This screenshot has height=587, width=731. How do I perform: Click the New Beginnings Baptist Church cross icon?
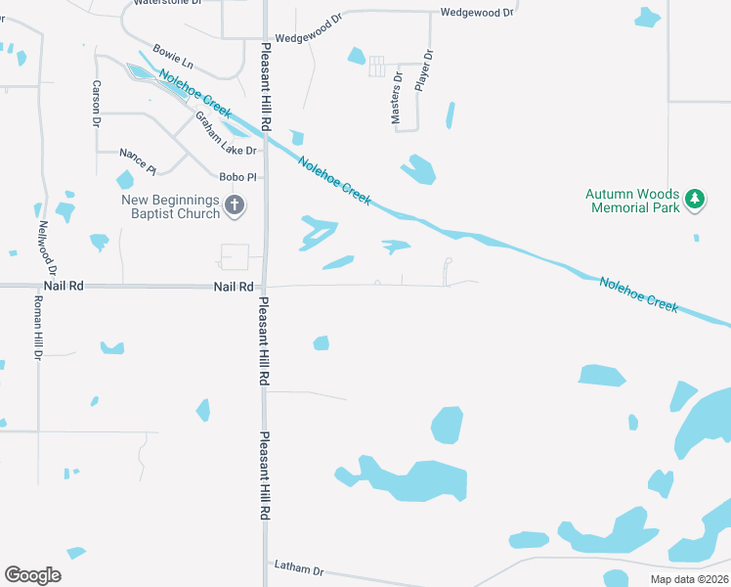click(235, 205)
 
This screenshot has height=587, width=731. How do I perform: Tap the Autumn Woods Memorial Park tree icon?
click(695, 200)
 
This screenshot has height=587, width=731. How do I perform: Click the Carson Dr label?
click(97, 104)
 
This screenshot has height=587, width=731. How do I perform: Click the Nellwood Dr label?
click(47, 247)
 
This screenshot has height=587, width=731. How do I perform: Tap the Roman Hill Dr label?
click(37, 329)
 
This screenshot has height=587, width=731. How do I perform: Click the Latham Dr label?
click(298, 567)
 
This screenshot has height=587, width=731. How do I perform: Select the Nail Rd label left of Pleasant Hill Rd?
click(235, 287)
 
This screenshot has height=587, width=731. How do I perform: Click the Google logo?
click(32, 574)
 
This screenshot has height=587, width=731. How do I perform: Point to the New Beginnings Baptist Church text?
click(170, 206)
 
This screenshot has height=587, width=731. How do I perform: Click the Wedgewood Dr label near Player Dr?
click(476, 13)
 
